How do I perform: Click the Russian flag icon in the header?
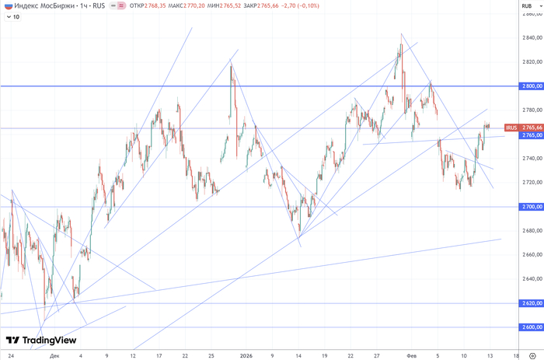pyautogui.click(x=7, y=5)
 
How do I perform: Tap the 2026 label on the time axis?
pyautogui.click(x=246, y=354)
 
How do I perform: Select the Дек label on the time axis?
pyautogui.click(x=54, y=354)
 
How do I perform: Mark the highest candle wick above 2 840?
pyautogui.click(x=401, y=35)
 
